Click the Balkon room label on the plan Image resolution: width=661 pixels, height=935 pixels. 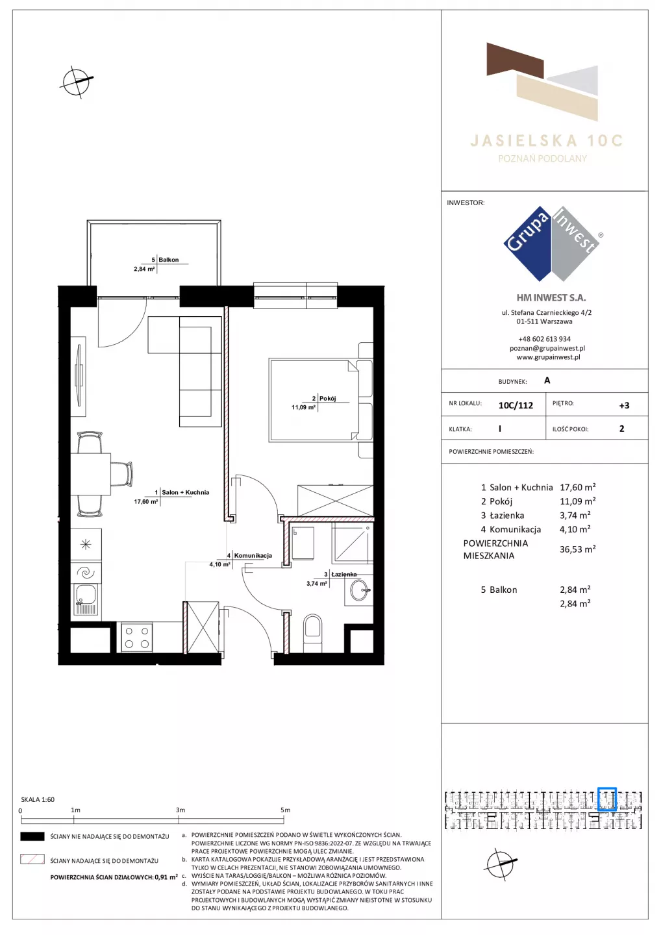tap(169, 260)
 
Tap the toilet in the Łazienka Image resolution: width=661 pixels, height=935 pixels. tap(312, 632)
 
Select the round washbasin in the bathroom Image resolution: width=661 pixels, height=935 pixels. tap(359, 590)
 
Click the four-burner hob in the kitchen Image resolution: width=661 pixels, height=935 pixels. tap(137, 638)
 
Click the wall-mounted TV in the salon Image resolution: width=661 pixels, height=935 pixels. tap(79, 375)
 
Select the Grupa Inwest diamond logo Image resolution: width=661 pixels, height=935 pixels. tap(553, 243)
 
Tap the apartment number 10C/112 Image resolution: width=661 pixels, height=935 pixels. tap(516, 405)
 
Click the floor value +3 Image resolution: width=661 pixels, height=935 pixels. tap(624, 405)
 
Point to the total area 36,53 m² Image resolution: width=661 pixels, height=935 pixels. tap(577, 549)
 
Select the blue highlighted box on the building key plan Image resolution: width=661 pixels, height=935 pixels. tap(606, 799)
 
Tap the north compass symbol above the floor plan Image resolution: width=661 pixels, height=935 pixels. tap(76, 82)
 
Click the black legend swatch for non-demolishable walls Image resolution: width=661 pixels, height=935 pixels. tap(32, 836)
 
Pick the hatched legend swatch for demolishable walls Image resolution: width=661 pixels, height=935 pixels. tap(32, 859)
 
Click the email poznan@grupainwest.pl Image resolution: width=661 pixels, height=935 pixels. tap(547, 348)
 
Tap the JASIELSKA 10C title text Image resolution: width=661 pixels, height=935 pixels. tap(547, 141)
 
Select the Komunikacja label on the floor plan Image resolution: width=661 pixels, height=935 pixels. tap(253, 556)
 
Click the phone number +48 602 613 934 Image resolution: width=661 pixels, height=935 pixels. tap(545, 339)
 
